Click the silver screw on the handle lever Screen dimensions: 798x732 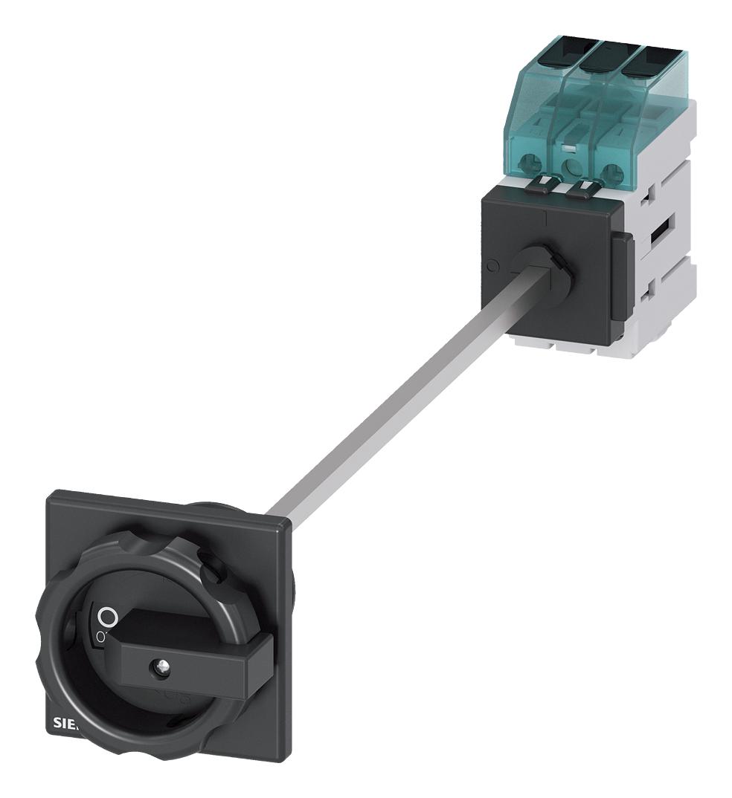[159, 666]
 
